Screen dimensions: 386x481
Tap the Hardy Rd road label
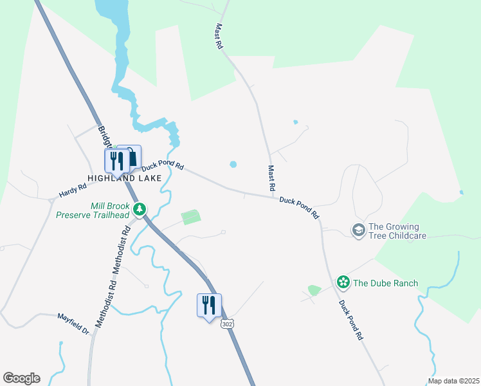coord(73,190)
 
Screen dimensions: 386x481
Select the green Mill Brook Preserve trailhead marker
coord(140,209)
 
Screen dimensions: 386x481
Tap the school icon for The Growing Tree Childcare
coord(358,230)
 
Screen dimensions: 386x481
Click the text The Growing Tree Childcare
coord(397,231)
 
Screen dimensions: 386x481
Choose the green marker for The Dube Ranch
coord(343,282)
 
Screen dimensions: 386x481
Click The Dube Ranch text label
coord(385,283)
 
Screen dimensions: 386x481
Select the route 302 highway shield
coord(227,324)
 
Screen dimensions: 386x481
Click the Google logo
coord(21,378)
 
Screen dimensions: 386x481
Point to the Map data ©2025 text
coord(453,381)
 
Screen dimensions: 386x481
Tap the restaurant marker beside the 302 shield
coord(208,305)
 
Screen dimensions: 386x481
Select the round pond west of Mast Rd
coord(233,165)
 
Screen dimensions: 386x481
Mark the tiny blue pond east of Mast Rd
coord(296,122)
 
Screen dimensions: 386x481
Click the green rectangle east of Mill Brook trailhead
coord(190,217)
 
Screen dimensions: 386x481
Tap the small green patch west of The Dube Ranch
coord(314,290)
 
